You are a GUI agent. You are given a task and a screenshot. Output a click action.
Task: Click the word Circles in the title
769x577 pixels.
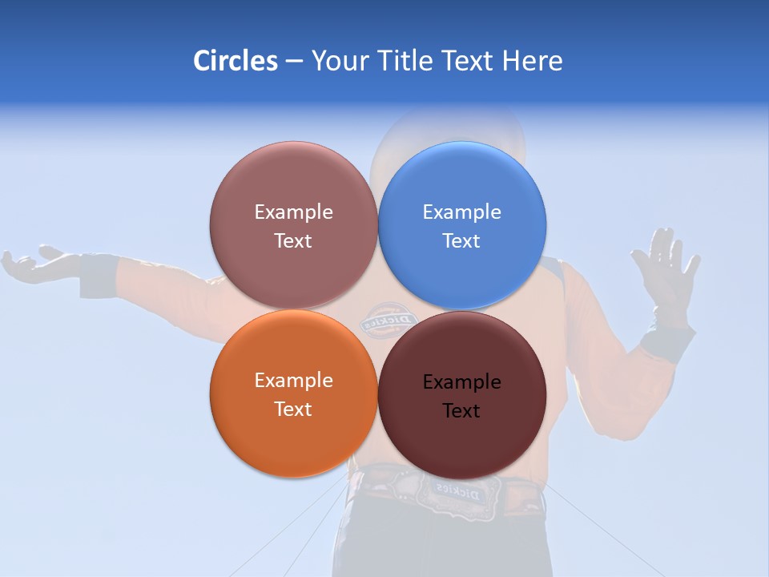(235, 61)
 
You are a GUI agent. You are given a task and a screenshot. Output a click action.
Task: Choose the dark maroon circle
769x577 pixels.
(462, 437)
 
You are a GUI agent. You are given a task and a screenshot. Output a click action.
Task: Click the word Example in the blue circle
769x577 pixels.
(461, 212)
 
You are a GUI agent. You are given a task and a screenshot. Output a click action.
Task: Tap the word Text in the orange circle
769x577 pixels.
(293, 410)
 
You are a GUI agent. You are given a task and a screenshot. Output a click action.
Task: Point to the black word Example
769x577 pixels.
(461, 382)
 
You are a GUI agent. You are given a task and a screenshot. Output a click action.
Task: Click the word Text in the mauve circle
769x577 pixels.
(293, 241)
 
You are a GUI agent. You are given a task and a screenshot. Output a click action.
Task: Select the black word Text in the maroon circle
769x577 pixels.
(461, 411)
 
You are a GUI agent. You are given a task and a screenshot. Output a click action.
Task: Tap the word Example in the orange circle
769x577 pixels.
(293, 381)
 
